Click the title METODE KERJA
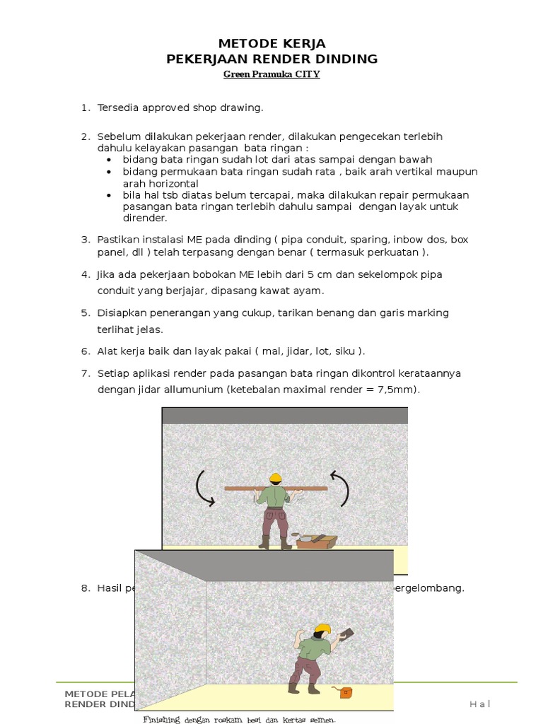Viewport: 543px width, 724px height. point(271,44)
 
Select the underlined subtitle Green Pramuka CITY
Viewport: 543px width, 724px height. point(271,74)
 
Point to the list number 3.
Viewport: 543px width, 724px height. point(85,240)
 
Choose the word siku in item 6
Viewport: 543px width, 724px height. point(344,351)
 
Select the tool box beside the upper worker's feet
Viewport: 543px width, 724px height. point(316,541)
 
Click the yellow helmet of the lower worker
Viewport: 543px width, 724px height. point(322,628)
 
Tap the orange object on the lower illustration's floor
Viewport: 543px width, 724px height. point(345,692)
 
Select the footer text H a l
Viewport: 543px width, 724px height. point(479,703)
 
